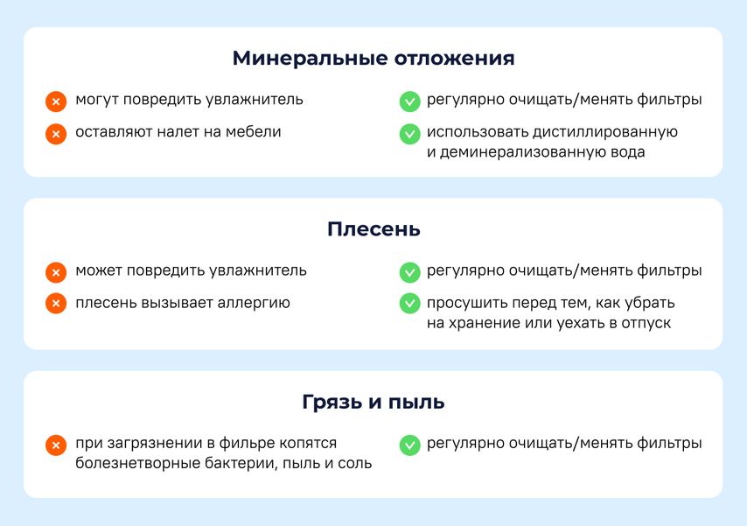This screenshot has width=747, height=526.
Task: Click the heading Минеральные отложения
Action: pos(373,58)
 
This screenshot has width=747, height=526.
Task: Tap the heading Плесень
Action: pos(373,229)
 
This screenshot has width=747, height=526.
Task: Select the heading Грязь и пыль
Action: pos(373,402)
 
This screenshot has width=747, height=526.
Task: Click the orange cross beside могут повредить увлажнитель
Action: pos(56,102)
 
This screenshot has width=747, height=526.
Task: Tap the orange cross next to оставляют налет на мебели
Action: pos(56,134)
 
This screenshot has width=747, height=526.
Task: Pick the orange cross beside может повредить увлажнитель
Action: pos(56,272)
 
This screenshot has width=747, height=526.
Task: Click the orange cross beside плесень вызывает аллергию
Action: pos(56,304)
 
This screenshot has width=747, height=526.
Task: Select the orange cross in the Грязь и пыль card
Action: pos(56,445)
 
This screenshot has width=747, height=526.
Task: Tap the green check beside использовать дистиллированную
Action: pos(409,134)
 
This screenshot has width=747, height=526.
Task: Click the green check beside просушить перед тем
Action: pos(409,304)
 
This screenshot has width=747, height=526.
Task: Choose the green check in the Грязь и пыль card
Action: pos(409,445)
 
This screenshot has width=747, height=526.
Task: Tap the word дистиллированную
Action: pos(605,132)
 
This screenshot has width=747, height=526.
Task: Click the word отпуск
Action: pos(646,323)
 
